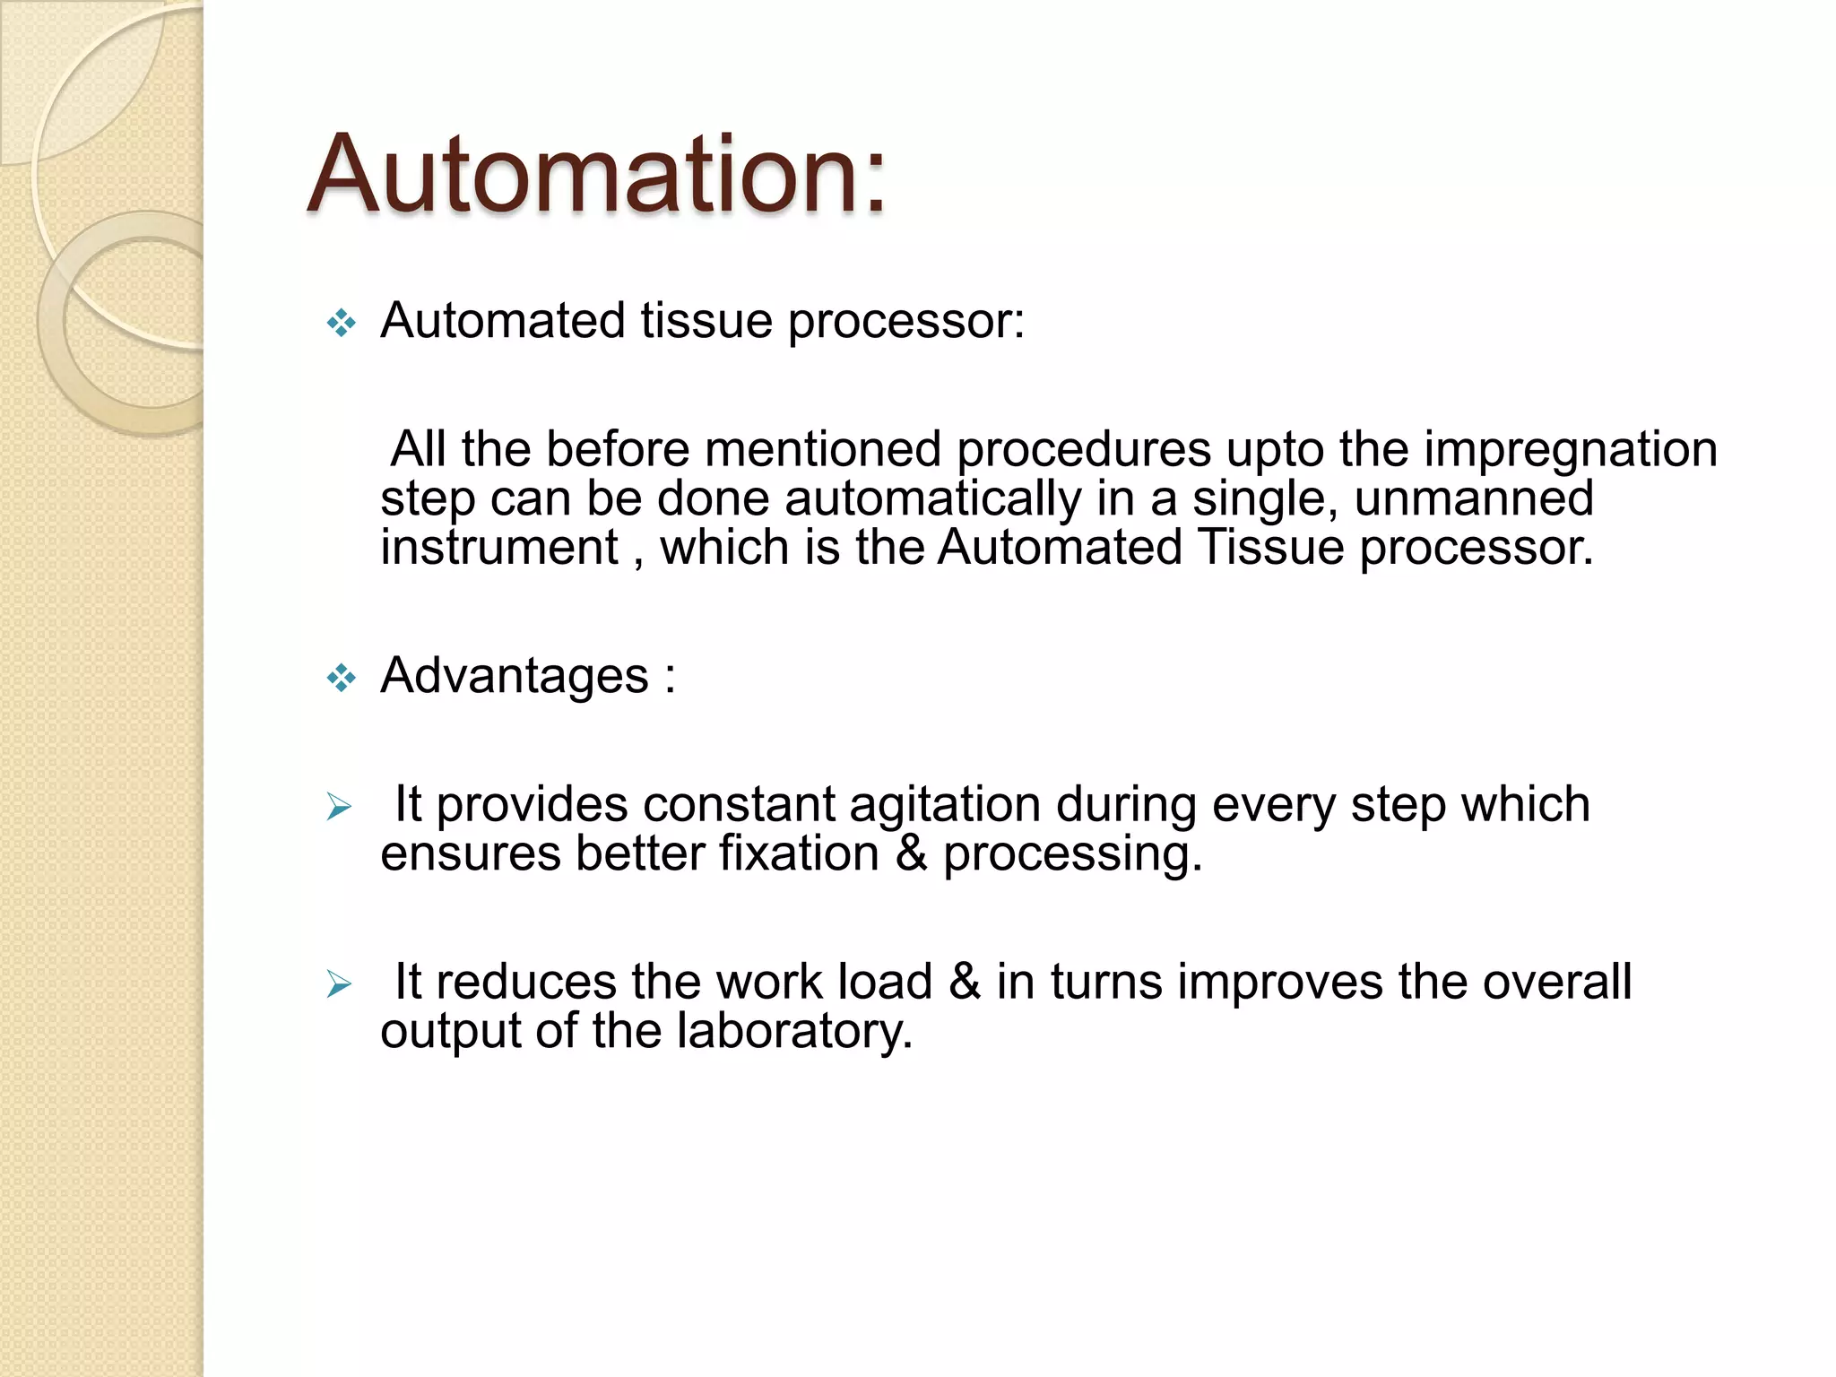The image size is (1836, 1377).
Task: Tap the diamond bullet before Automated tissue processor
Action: [x=342, y=323]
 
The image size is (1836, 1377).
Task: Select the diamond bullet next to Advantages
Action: [x=342, y=678]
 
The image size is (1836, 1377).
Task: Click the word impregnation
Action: [x=1570, y=450]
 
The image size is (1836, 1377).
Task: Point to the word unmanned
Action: [x=1474, y=498]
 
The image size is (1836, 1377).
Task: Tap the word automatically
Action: [x=932, y=499]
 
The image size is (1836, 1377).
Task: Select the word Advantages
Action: [x=514, y=676]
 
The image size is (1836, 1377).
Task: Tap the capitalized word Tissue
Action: [x=1270, y=548]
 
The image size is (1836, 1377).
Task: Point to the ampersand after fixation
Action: [x=911, y=853]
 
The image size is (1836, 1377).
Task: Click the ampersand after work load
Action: [x=965, y=982]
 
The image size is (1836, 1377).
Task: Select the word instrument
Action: [x=499, y=548]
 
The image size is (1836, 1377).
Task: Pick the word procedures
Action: [x=1083, y=450]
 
